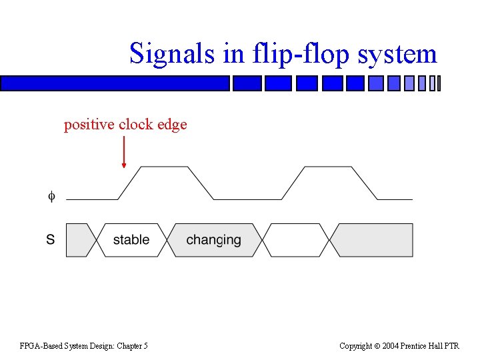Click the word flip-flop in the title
point(287,53)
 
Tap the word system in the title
point(397,53)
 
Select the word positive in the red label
point(89,125)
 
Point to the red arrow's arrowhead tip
point(124,166)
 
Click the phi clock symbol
point(51,196)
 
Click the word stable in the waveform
point(131,240)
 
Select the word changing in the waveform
point(213,240)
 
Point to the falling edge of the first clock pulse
point(201,183)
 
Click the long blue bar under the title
point(115,83)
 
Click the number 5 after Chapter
point(145,345)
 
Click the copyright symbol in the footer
point(377,345)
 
